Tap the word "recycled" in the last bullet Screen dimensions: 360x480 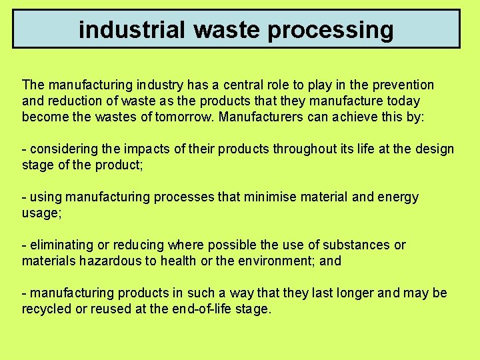click(47, 309)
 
